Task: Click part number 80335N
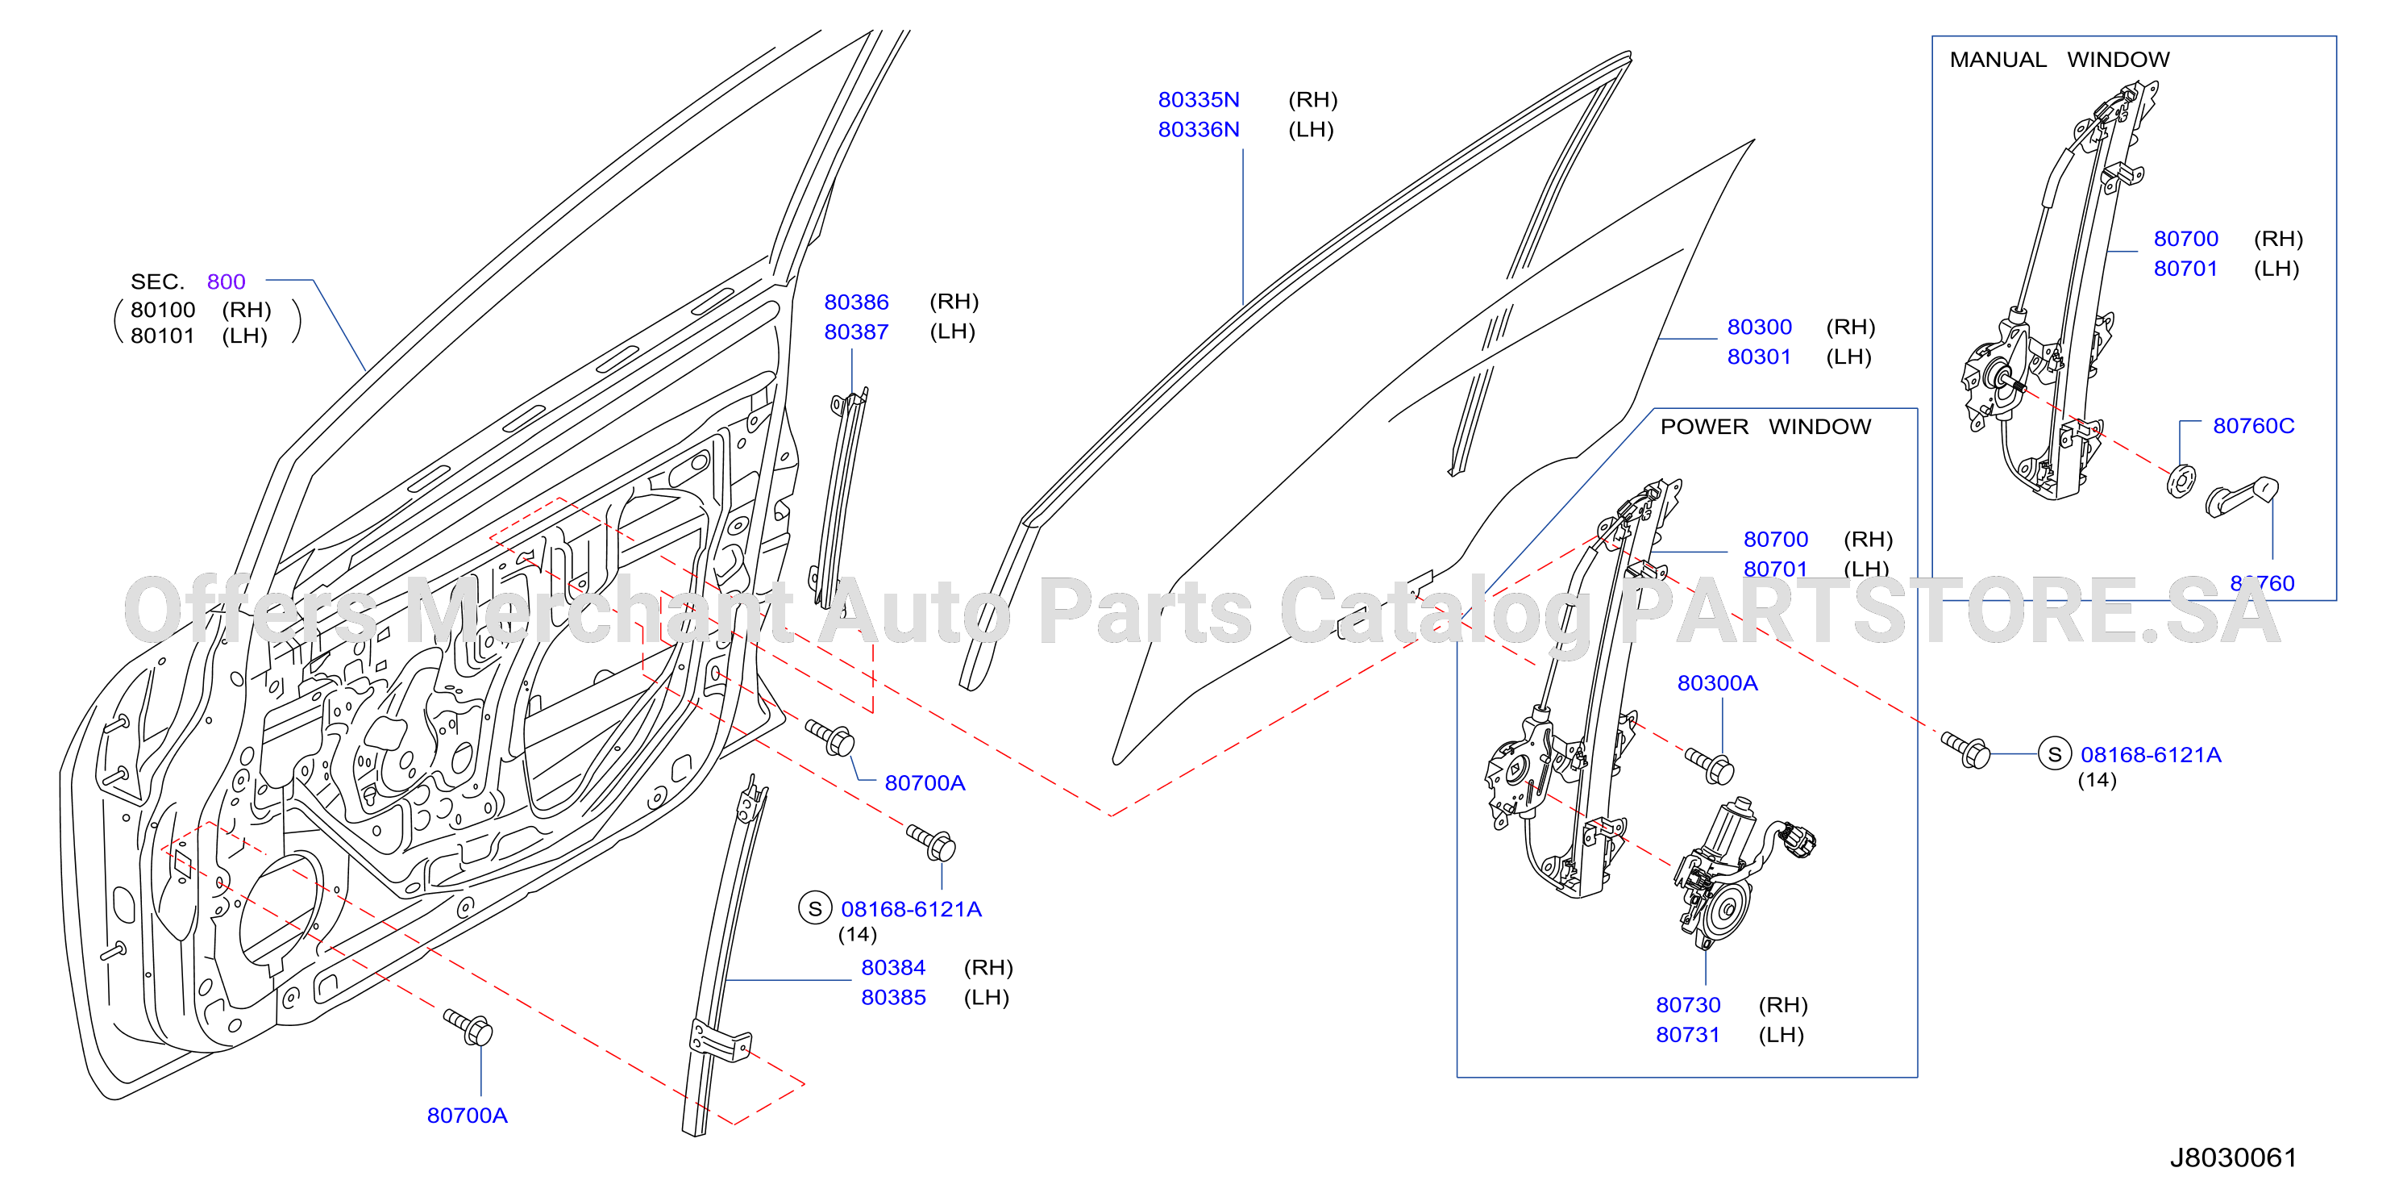click(x=1199, y=100)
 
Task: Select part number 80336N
click(x=1199, y=130)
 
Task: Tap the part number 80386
click(x=856, y=302)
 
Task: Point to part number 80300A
click(x=1717, y=683)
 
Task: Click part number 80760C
click(x=2254, y=426)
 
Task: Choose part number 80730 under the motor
click(x=1687, y=1005)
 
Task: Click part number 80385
click(x=893, y=998)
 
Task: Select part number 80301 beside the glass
click(x=1759, y=357)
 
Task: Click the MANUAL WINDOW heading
click(x=2059, y=60)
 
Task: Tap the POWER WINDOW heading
click(x=1765, y=427)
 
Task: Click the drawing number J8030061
click(x=2233, y=1157)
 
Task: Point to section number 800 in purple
click(x=226, y=282)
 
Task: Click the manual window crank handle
click(x=2243, y=498)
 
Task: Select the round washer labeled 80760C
click(x=2181, y=480)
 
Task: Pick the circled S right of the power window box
click(x=2055, y=753)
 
